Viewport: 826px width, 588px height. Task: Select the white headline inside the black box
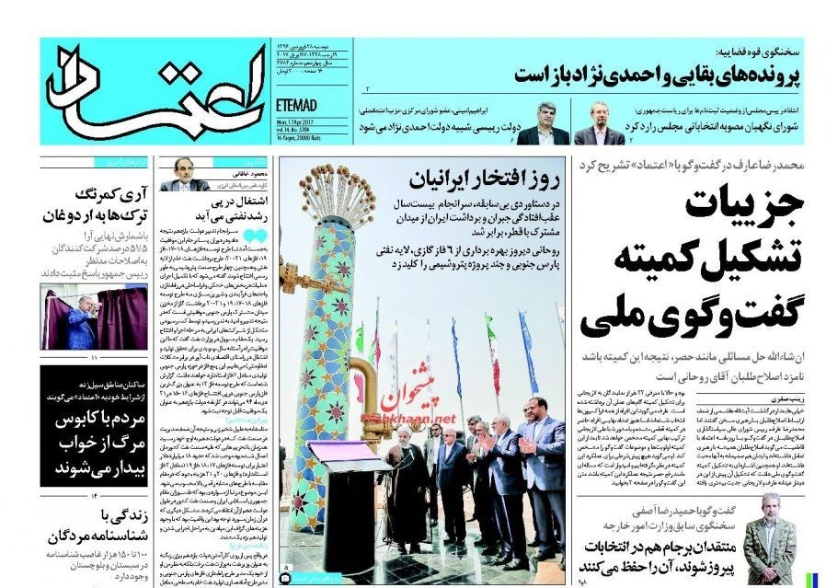click(x=82, y=442)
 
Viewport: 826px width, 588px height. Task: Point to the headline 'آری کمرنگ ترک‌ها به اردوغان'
click(x=87, y=205)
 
